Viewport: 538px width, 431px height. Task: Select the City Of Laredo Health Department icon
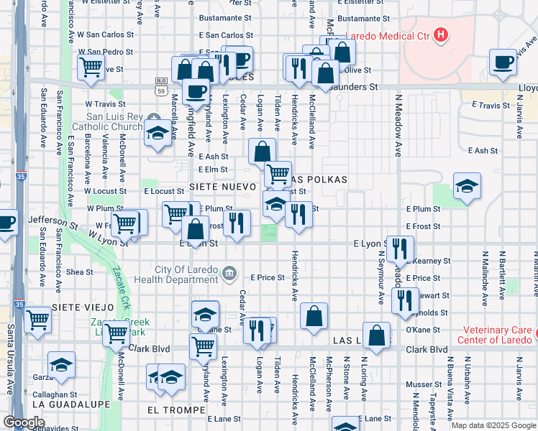[229, 272]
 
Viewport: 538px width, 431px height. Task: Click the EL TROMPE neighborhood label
[172, 410]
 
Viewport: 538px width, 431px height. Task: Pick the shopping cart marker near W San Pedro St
[91, 67]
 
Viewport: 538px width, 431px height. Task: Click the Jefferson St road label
[52, 223]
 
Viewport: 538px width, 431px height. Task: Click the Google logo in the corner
[24, 422]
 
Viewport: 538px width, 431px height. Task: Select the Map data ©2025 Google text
[493, 425]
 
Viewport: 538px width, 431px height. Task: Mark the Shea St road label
[79, 272]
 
